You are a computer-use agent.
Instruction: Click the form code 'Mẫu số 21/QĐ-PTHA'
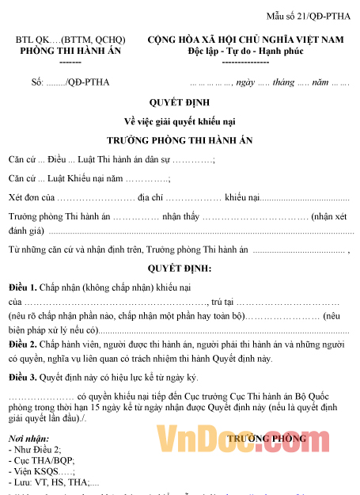[309, 16]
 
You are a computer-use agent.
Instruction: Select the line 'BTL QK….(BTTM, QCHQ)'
[63, 40]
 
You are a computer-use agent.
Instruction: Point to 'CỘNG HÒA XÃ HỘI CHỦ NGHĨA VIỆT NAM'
[245, 40]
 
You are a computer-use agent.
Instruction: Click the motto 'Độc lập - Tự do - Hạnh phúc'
[245, 51]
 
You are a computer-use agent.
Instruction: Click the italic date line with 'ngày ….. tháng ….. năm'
[269, 82]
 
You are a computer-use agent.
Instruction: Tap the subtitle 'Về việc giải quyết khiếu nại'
[179, 120]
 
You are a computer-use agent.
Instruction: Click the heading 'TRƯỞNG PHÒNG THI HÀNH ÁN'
[179, 139]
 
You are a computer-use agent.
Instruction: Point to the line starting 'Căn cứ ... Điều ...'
[111, 159]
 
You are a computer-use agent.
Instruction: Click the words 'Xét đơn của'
[31, 196]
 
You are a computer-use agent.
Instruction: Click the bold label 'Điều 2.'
[23, 345]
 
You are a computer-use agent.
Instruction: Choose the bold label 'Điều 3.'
[23, 377]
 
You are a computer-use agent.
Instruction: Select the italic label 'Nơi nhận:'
[28, 439]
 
